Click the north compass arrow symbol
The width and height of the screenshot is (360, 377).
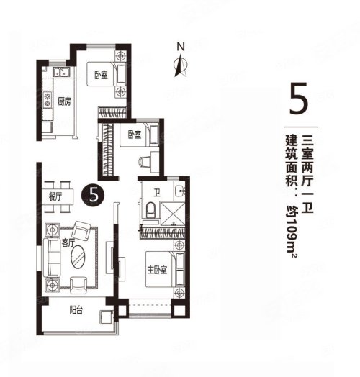point(181,66)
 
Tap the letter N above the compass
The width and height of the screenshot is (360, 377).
point(181,47)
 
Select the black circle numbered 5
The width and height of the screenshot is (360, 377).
point(93,195)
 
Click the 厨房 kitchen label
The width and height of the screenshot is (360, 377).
point(64,101)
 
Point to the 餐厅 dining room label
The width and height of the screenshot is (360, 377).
point(55,197)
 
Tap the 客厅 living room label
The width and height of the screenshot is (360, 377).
point(68,243)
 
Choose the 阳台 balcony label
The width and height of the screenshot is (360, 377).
point(76,310)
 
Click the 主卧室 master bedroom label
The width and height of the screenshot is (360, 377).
point(157,270)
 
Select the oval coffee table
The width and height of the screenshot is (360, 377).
point(78,257)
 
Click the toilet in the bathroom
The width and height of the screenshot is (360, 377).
point(150,210)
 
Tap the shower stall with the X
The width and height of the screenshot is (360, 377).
point(173,214)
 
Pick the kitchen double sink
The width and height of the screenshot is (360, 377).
point(62,72)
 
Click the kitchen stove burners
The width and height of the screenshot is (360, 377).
point(48,99)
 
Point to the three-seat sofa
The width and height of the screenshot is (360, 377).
point(51,258)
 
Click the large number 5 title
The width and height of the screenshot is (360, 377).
point(299,99)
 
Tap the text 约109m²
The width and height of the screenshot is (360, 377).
point(292,231)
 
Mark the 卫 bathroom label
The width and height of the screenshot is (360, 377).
point(158,193)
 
